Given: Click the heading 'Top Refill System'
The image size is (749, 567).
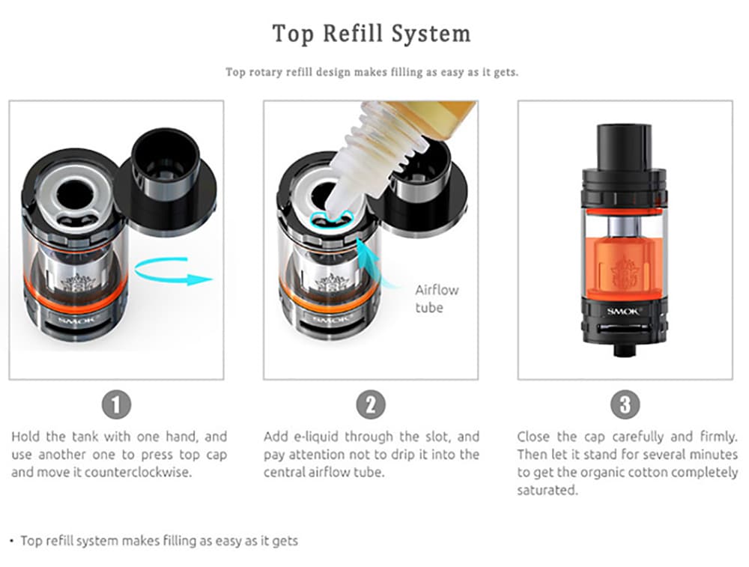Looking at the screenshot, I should pyautogui.click(x=372, y=34).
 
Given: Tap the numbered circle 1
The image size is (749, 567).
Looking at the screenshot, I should pyautogui.click(x=116, y=405).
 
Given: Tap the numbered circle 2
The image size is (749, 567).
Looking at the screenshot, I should pyautogui.click(x=371, y=405).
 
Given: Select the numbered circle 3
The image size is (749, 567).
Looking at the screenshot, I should pyautogui.click(x=625, y=405).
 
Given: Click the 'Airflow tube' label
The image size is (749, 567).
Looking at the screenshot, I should pyautogui.click(x=437, y=299).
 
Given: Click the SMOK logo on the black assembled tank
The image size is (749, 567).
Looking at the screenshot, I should pyautogui.click(x=623, y=312).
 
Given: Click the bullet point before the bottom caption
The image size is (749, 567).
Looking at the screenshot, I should pyautogui.click(x=12, y=541).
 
